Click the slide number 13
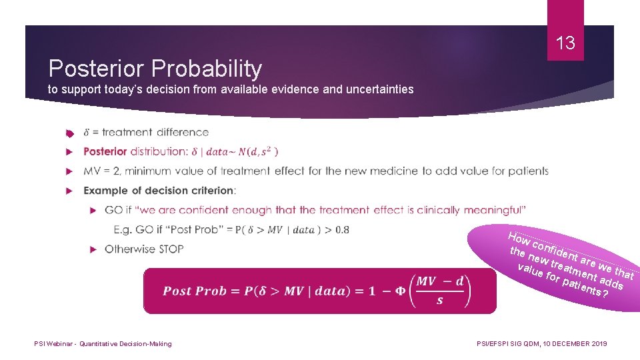[x=565, y=44]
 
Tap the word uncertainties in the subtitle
[x=381, y=89]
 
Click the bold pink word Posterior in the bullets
[x=105, y=151]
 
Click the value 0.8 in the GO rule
[x=340, y=230]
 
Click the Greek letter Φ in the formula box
[x=400, y=291]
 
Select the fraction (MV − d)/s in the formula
[x=440, y=291]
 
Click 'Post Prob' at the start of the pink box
[x=186, y=291]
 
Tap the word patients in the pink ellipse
[x=584, y=287]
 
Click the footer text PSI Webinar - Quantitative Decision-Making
[x=103, y=344]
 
